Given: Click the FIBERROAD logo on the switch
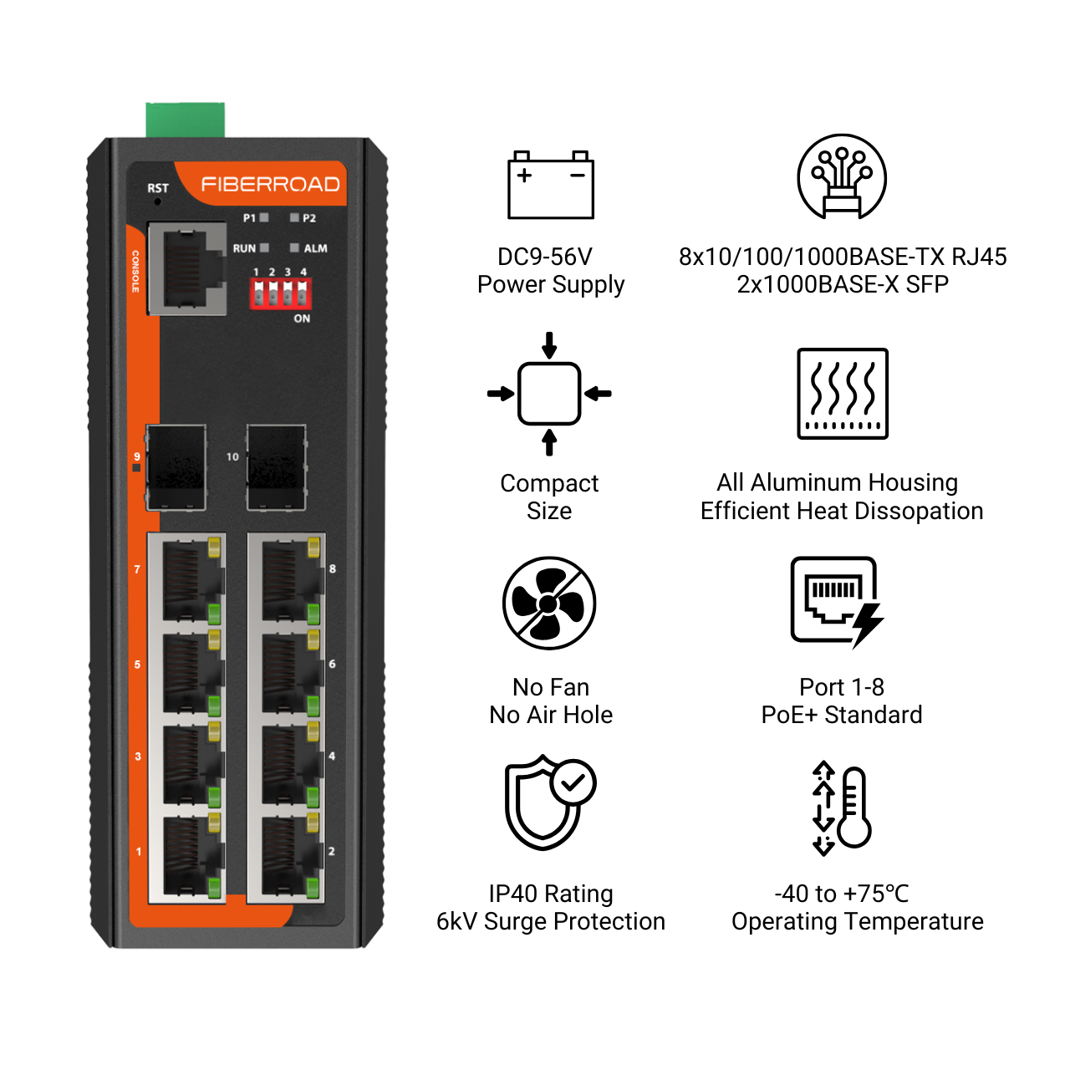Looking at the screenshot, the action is (270, 184).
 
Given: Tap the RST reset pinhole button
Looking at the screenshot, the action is (158, 201).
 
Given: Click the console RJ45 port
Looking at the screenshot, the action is (187, 268).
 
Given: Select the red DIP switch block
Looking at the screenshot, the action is (280, 293).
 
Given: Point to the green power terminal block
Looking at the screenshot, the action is (186, 120).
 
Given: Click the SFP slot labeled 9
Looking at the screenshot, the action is (176, 467).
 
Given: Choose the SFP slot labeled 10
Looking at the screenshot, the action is (276, 467).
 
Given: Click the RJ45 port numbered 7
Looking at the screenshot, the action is (187, 579).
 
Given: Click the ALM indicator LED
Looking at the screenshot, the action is (295, 247).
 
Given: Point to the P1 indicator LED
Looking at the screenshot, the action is (264, 217).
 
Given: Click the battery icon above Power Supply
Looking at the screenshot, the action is (551, 185).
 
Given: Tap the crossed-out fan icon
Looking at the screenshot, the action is (549, 603).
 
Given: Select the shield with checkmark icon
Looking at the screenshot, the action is (550, 802).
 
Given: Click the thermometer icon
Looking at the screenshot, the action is (842, 808).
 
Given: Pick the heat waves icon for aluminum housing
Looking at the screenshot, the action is (843, 394).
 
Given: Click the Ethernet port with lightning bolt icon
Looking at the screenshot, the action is (837, 603).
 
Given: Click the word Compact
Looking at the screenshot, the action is (549, 483).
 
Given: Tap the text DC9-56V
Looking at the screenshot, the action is (545, 257).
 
